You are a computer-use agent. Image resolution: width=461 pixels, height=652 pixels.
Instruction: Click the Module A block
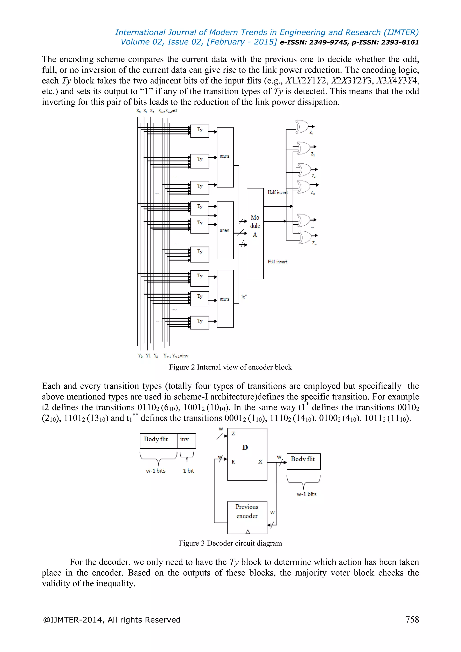[x=255, y=233]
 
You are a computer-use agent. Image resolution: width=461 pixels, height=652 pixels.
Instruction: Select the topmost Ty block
[x=200, y=131]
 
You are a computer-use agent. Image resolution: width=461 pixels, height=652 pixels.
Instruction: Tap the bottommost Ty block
[x=200, y=323]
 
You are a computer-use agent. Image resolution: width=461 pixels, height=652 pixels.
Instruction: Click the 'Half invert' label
[x=277, y=192]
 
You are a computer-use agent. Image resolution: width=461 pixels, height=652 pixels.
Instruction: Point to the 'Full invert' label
[x=277, y=262]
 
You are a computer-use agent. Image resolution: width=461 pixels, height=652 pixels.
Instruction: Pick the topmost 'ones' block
[x=225, y=157]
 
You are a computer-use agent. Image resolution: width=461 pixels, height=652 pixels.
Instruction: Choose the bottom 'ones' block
[x=225, y=299]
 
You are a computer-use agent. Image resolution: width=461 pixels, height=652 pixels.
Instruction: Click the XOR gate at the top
[x=302, y=127]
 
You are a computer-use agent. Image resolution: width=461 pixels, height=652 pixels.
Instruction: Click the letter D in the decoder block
[x=245, y=448]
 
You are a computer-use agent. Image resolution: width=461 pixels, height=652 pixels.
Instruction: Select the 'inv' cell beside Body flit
[x=186, y=441]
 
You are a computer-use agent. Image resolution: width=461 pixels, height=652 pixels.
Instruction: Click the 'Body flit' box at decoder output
[x=303, y=461]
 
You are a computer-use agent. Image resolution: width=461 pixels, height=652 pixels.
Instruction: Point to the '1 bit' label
[x=188, y=471]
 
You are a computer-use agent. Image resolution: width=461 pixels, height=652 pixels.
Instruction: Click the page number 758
[x=412, y=619]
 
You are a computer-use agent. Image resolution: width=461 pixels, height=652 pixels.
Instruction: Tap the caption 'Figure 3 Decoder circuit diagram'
[x=230, y=543]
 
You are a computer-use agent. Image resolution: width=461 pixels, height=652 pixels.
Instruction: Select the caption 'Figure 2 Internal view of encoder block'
[x=230, y=367]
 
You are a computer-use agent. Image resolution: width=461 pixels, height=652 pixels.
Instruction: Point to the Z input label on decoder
[x=233, y=434]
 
